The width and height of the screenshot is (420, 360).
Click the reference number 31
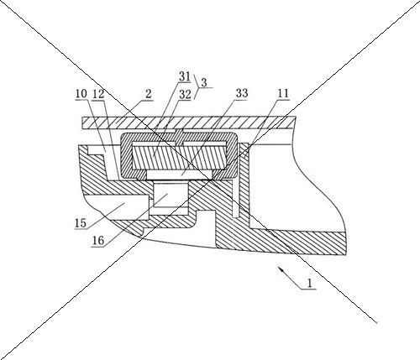tap(185, 76)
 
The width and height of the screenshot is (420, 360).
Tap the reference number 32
tap(185, 95)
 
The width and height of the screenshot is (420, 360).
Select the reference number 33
tap(242, 93)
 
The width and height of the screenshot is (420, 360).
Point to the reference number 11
tap(283, 93)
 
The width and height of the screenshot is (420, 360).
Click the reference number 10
tap(81, 93)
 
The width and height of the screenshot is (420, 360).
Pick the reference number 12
tap(98, 94)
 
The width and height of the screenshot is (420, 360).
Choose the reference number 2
tap(149, 94)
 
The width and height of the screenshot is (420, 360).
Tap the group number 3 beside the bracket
tap(204, 82)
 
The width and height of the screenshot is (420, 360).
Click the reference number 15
tap(81, 223)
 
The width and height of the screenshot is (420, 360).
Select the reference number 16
tap(98, 241)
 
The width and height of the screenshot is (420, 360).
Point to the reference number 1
tap(309, 284)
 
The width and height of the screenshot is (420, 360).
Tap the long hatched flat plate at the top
tap(189, 123)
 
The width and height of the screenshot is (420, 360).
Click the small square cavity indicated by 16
tap(171, 195)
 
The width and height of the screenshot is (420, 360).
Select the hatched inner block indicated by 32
tap(180, 157)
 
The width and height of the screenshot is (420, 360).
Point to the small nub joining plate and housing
tap(179, 131)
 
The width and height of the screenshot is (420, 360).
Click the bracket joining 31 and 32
tap(197, 86)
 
